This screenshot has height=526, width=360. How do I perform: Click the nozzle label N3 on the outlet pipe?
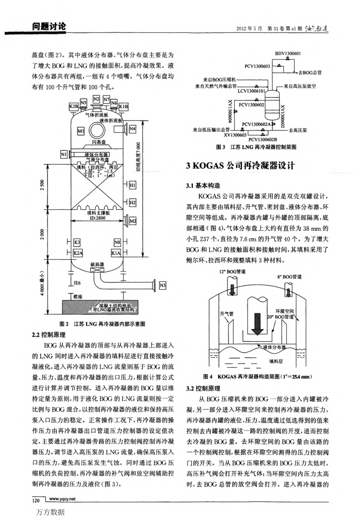pyautogui.click(x=163, y=286)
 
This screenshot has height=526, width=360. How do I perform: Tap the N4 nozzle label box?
pyautogui.click(x=132, y=129)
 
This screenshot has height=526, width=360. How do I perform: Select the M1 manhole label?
pyautogui.click(x=81, y=131)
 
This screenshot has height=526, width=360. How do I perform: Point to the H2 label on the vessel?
pyautogui.click(x=132, y=203)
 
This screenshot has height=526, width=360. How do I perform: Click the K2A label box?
pyautogui.click(x=78, y=253)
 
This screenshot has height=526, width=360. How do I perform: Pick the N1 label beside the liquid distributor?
pyautogui.click(x=64, y=154)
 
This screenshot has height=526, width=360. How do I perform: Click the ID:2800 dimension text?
pyautogui.click(x=97, y=218)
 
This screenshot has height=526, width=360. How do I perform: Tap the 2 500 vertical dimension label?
pyautogui.click(x=42, y=186)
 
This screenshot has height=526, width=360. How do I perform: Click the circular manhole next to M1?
pyautogui.click(x=97, y=131)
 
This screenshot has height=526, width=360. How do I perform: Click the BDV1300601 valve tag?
pyautogui.click(x=288, y=53)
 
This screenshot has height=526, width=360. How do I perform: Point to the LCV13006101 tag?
pyautogui.click(x=251, y=91)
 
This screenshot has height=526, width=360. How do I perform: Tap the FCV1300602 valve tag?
pyautogui.click(x=251, y=105)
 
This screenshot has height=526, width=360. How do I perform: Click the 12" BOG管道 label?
pyautogui.click(x=232, y=272)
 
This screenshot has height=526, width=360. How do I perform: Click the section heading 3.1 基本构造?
pyautogui.click(x=203, y=186)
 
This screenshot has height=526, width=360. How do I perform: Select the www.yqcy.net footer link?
pyautogui.click(x=62, y=499)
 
